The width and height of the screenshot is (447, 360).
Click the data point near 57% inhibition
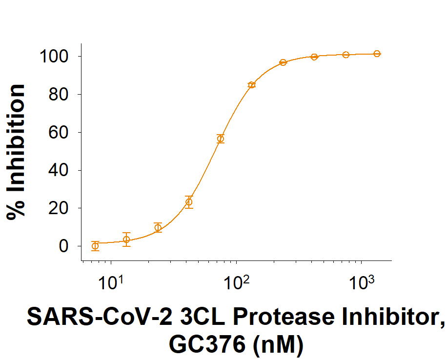click(221, 139)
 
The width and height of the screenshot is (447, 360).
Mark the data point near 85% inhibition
click(252, 85)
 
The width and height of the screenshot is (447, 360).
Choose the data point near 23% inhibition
click(189, 202)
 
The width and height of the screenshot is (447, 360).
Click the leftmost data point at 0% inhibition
click(95, 246)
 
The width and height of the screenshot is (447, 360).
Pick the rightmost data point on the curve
click(377, 54)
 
